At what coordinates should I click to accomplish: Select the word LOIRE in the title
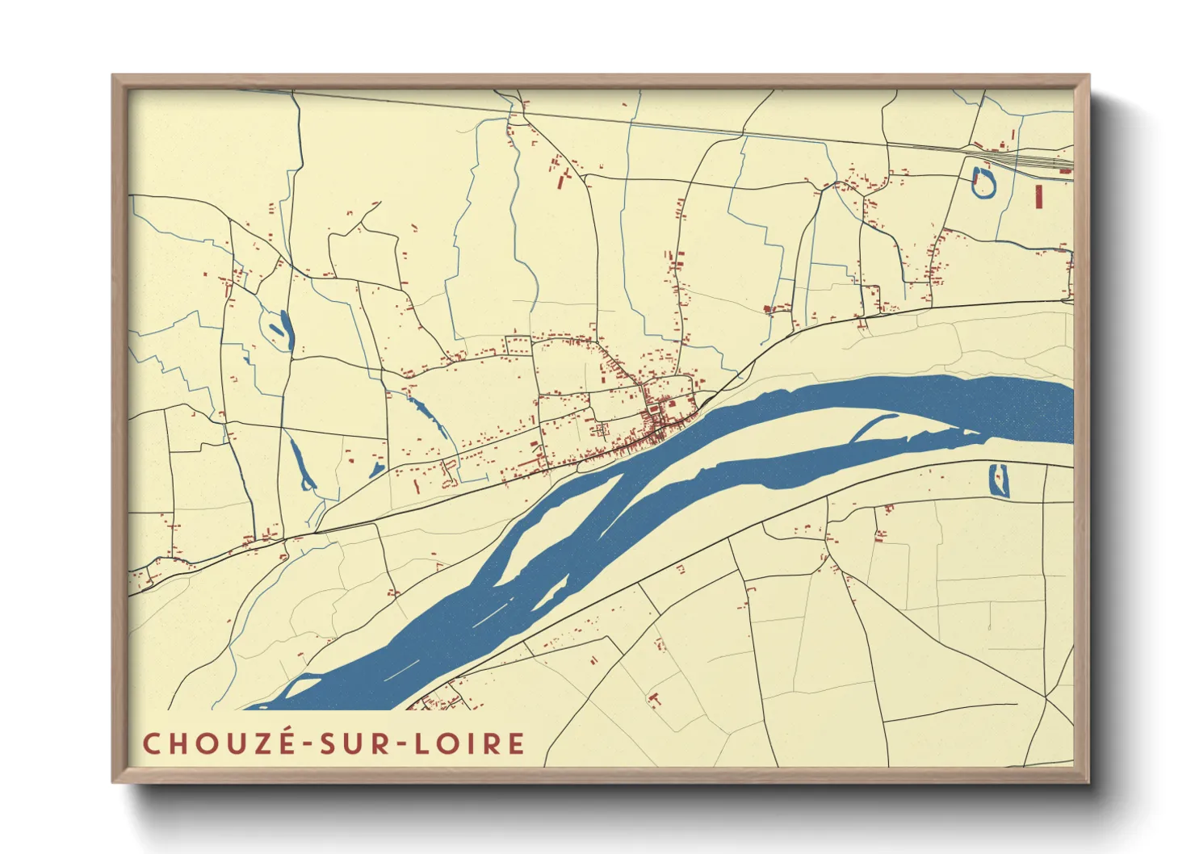(470, 743)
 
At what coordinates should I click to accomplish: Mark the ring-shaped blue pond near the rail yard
(983, 182)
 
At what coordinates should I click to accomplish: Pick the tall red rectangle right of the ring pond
(1039, 196)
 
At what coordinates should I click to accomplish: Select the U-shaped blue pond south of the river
(999, 480)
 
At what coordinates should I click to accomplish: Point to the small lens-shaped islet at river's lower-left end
(301, 687)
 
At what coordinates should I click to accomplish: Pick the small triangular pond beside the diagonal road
(376, 469)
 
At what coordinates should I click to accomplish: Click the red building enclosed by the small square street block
(651, 410)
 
